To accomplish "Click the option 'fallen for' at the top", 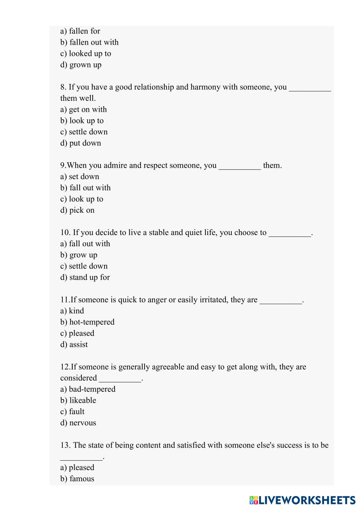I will point(80,31).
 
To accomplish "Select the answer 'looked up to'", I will point(86,53).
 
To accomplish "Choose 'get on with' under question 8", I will point(84,109).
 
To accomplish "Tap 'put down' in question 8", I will point(81,143).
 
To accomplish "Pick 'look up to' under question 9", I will point(82,199).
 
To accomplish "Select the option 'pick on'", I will point(77,210).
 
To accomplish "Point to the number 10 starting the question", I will point(65,233).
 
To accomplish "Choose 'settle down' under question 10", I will point(84,266).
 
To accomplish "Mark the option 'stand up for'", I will point(85,277).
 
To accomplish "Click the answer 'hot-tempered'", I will point(87,322).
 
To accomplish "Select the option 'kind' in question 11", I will point(72,310).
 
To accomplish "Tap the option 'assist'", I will point(74,344).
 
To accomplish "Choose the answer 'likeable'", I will point(78,400).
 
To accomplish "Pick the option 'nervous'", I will point(78,422).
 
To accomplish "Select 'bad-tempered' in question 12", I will point(88,389).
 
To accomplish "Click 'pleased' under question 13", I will point(77,467).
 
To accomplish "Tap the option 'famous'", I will point(77,478).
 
